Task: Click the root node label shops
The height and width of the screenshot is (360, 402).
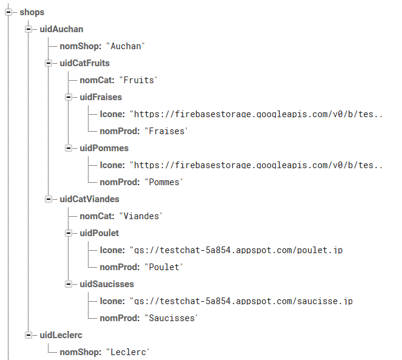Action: pyautogui.click(x=32, y=12)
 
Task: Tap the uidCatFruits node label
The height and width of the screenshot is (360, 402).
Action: pyautogui.click(x=84, y=63)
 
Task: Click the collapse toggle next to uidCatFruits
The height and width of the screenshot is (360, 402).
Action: pyautogui.click(x=49, y=63)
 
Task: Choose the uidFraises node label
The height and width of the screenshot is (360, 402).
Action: pyautogui.click(x=101, y=97)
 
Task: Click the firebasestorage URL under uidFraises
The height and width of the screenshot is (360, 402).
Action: pyautogui.click(x=256, y=114)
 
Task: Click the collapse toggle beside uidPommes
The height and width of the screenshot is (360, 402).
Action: pyautogui.click(x=69, y=148)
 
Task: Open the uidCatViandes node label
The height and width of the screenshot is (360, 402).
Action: pyautogui.click(x=89, y=199)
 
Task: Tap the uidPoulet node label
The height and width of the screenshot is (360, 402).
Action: pyautogui.click(x=99, y=233)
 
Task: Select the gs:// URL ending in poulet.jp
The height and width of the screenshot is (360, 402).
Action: pyautogui.click(x=241, y=250)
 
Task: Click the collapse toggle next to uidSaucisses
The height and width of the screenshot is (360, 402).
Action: pyautogui.click(x=69, y=284)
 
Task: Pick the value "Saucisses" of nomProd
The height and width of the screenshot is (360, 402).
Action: pyautogui.click(x=171, y=318)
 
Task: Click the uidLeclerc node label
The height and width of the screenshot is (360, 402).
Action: pyautogui.click(x=61, y=335)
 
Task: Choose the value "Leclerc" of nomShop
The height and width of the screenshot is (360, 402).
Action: pyautogui.click(x=127, y=352)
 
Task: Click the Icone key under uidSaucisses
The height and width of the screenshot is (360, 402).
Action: pyautogui.click(x=112, y=301)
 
